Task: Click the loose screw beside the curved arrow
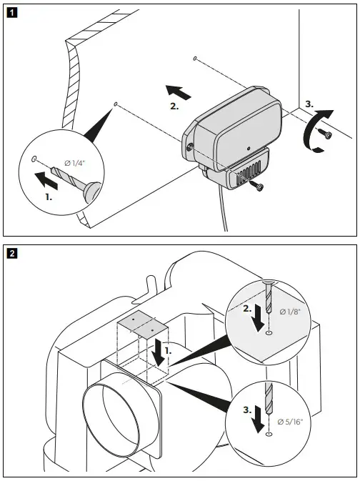(326, 135)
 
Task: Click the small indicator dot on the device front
(248, 149)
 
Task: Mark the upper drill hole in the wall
(195, 58)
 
